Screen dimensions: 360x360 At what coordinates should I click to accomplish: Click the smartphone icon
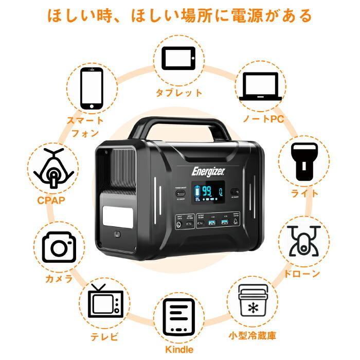92,88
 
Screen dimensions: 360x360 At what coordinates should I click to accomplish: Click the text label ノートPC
263,120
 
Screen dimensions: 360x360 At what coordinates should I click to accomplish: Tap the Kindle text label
179,350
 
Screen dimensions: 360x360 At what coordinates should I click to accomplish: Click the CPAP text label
50,200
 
